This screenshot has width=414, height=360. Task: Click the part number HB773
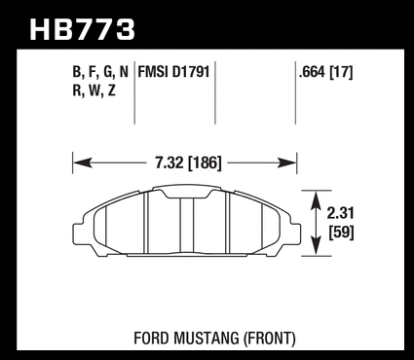pyautogui.click(x=82, y=30)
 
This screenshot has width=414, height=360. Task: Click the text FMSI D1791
pyautogui.click(x=173, y=72)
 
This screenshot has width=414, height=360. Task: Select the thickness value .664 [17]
pyautogui.click(x=325, y=72)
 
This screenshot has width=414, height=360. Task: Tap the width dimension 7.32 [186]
pyautogui.click(x=188, y=162)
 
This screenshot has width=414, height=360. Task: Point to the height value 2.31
pyautogui.click(x=340, y=213)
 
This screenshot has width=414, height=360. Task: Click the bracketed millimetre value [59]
pyautogui.click(x=341, y=233)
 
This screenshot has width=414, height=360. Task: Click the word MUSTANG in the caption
pyautogui.click(x=207, y=339)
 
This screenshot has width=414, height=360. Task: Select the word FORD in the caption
pyautogui.click(x=152, y=339)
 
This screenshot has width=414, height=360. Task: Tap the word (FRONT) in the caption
pyautogui.click(x=270, y=339)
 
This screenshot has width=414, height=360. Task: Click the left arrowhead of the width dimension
pyautogui.click(x=82, y=163)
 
